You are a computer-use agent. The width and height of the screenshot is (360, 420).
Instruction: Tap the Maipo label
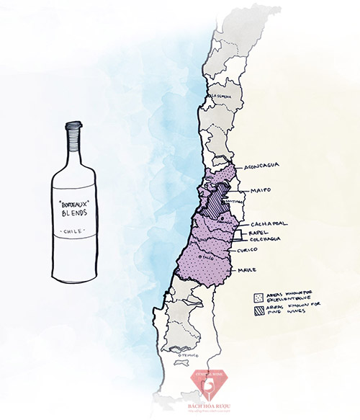click(261, 191)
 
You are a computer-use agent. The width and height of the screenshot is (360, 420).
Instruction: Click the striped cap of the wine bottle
click(73, 132)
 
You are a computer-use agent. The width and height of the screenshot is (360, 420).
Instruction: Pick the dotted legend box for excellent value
click(257, 296)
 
